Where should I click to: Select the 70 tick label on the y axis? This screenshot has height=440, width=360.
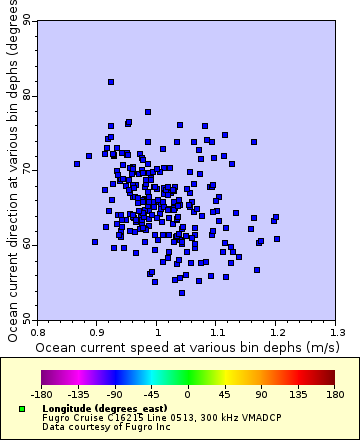(27, 170)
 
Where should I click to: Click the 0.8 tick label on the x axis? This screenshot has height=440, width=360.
(38, 330)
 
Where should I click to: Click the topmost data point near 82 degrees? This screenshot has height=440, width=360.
(111, 82)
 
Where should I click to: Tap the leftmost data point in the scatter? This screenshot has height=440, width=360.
(77, 164)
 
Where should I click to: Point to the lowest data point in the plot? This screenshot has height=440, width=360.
(181, 292)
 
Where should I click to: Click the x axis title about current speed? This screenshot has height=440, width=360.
(186, 346)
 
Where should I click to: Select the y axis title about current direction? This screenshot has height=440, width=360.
(11, 170)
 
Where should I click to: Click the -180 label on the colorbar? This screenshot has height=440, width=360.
(42, 394)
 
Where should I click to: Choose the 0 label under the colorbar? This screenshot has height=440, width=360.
(187, 394)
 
